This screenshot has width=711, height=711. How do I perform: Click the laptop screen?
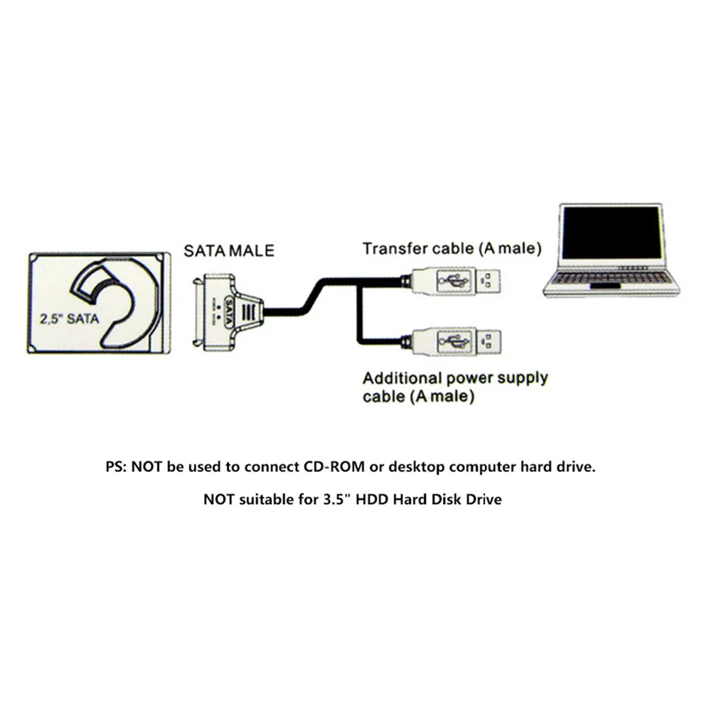pyautogui.click(x=611, y=234)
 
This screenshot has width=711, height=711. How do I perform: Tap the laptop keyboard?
pyautogui.click(x=611, y=278)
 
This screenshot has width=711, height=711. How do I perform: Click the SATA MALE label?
pyautogui.click(x=228, y=251)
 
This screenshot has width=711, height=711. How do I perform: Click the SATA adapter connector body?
pyautogui.click(x=228, y=312)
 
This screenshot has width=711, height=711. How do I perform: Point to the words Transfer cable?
pyautogui.click(x=417, y=249)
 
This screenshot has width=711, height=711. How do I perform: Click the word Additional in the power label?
pyautogui.click(x=397, y=378)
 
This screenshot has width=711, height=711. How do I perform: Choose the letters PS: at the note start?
pyautogui.click(x=115, y=468)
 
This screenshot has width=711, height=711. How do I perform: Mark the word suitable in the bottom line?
pyautogui.click(x=269, y=499)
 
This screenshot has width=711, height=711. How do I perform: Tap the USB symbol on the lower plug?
pyautogui.click(x=452, y=342)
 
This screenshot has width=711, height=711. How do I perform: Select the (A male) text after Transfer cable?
pyautogui.click(x=510, y=249)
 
